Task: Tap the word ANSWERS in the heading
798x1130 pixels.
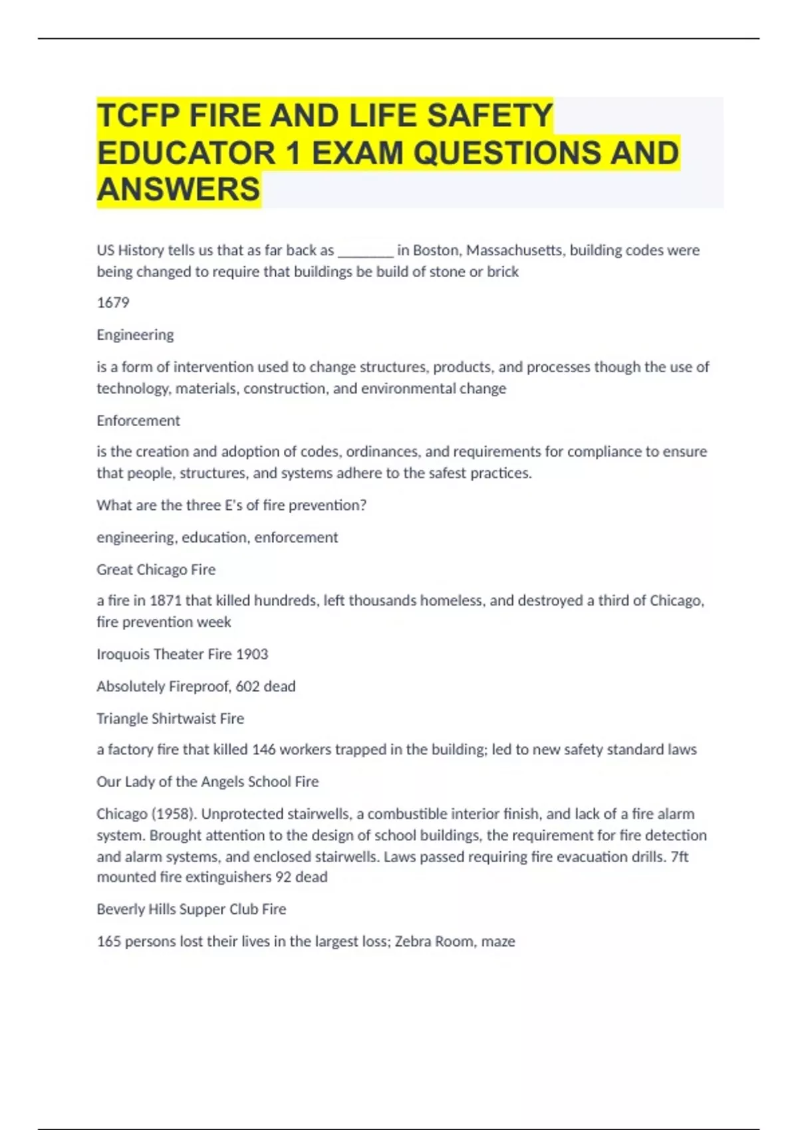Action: pos(178,189)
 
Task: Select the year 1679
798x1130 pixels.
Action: pos(113,302)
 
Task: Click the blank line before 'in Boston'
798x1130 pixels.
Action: pos(366,251)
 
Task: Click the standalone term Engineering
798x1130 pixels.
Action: pos(135,334)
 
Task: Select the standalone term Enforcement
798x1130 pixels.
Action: pos(138,420)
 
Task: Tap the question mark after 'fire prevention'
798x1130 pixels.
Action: pos(363,505)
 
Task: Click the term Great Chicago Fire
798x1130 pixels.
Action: pos(156,570)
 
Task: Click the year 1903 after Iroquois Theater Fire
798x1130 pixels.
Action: pos(252,654)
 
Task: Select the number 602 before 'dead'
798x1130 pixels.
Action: pos(247,686)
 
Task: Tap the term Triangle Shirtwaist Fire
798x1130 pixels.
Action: pos(170,719)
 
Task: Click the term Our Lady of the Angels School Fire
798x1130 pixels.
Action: pos(207,782)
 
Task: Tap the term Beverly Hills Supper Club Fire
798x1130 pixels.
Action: pos(192,909)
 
